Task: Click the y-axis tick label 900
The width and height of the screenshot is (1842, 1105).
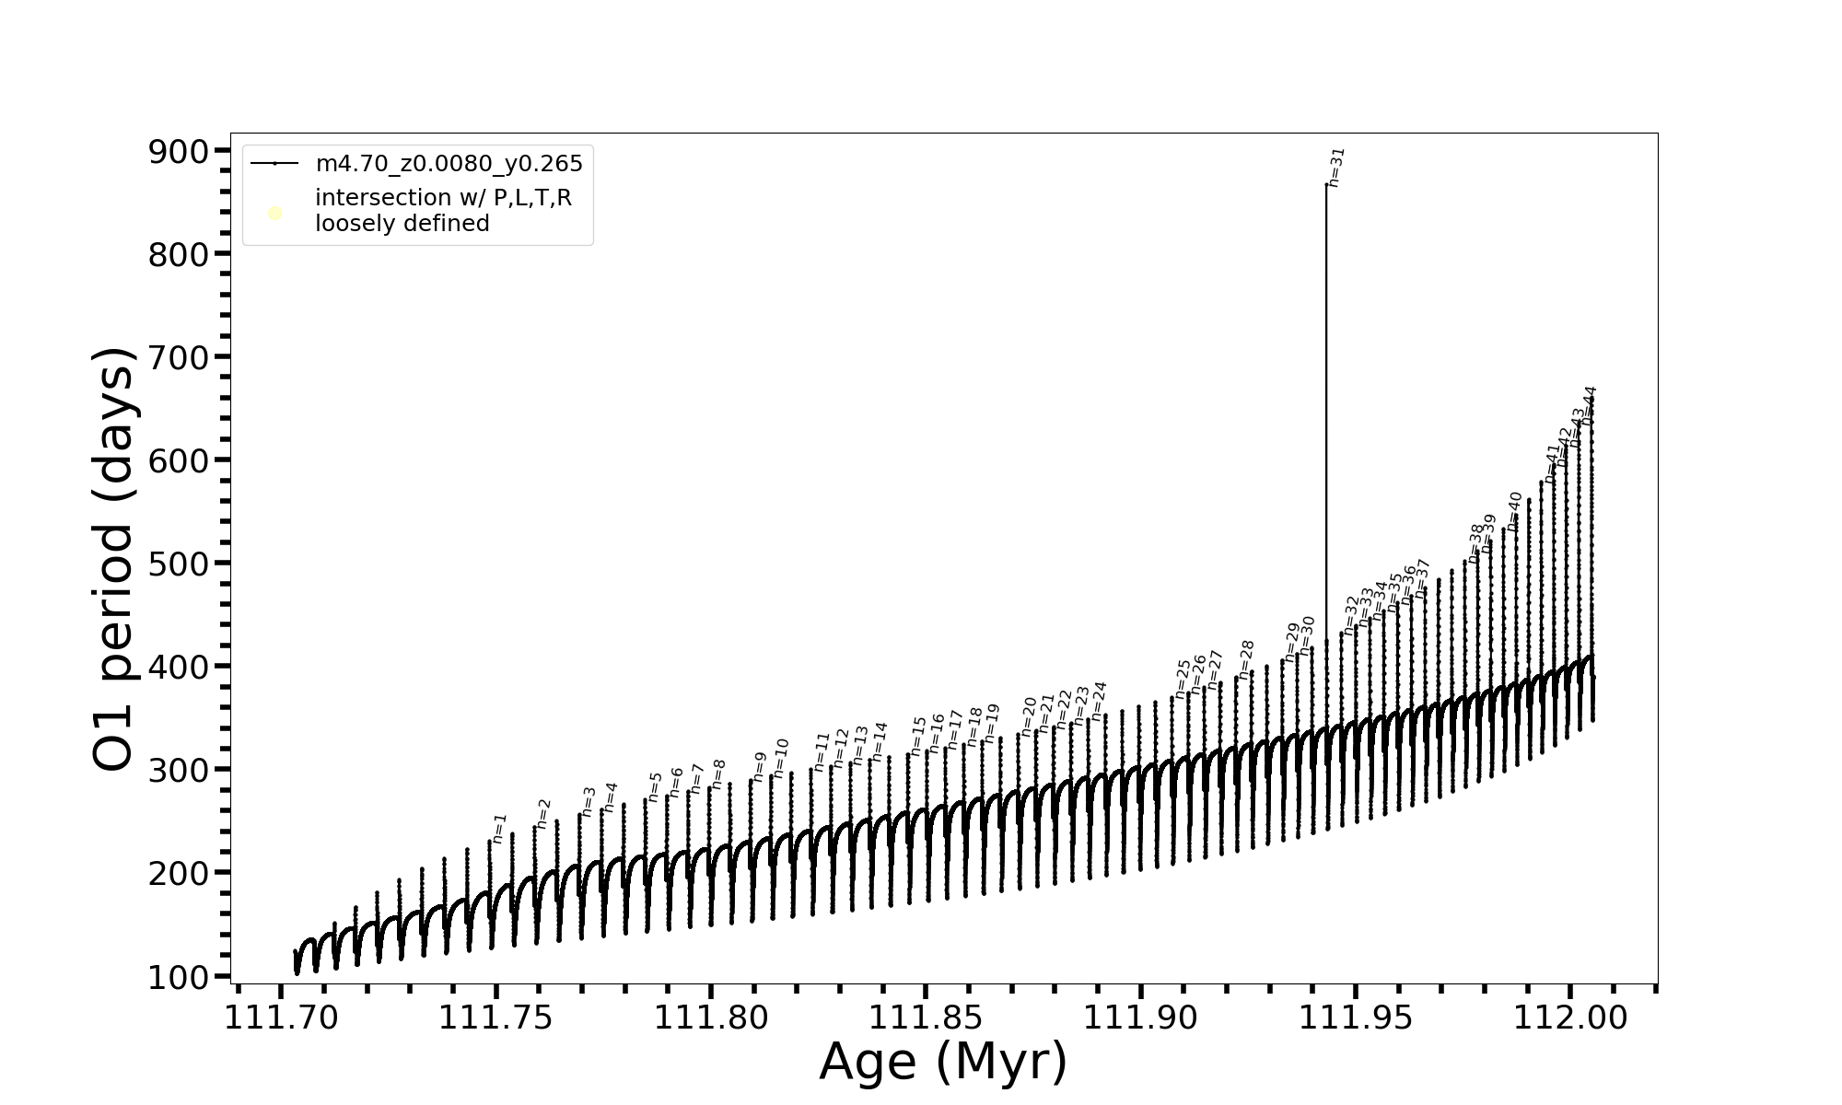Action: pos(179,152)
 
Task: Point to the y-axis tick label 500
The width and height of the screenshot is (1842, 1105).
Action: pos(179,564)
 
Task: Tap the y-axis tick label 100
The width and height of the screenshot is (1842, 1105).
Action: pos(179,977)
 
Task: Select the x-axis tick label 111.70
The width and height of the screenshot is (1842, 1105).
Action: pos(282,1018)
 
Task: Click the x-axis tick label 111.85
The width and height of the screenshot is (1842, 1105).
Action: pos(927,1018)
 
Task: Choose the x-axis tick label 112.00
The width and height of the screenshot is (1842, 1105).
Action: pos(1570,1018)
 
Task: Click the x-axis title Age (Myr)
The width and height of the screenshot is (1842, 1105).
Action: pos(943,1062)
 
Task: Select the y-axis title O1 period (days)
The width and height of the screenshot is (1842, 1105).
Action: pos(115,559)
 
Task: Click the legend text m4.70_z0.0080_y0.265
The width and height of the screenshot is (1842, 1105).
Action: pos(449,164)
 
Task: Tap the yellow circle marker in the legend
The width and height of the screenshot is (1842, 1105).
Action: pos(274,214)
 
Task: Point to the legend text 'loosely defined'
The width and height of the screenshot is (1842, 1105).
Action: pos(402,224)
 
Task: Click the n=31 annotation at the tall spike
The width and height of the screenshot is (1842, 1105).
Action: pos(1337,168)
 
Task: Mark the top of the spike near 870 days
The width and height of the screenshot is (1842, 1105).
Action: pos(1326,185)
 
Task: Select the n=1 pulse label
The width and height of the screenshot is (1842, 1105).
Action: pos(499,829)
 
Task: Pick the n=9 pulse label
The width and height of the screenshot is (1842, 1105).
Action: pos(759,767)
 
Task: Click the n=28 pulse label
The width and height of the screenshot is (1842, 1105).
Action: pos(1247,660)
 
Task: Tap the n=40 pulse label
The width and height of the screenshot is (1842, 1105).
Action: pos(1515,512)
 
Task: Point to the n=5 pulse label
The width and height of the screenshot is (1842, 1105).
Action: pos(655,787)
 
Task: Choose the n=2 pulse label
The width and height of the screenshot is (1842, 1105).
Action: pos(543,814)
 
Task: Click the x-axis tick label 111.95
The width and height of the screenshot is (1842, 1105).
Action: pos(1356,1018)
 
